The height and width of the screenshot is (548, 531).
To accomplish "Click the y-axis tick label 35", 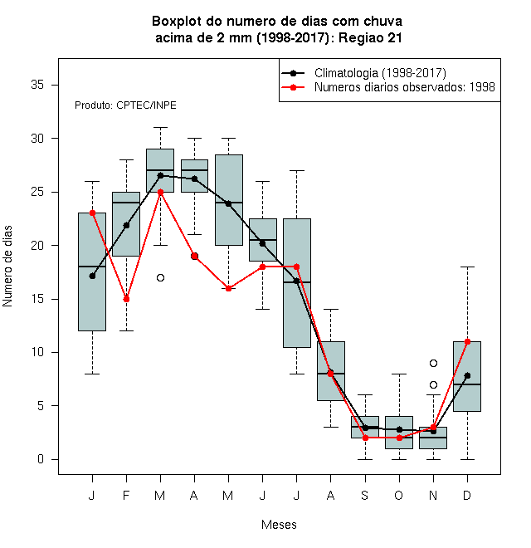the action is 37,85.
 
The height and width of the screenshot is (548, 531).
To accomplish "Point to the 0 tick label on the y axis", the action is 41,459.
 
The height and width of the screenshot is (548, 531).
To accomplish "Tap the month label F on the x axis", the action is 126,495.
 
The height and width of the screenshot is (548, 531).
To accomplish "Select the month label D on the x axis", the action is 467,495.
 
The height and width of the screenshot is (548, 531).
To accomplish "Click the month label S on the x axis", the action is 365,495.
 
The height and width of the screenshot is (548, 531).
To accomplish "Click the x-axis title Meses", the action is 279,525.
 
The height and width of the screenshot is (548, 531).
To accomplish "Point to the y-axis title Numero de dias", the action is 7,267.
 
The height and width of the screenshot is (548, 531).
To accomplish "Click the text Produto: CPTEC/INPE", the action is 125,105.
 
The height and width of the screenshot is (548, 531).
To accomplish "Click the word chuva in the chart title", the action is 382,22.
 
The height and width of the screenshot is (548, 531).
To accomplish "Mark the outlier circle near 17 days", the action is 160,278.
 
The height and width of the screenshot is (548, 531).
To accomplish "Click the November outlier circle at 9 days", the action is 433,363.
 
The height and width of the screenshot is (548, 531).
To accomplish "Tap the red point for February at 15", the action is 126,299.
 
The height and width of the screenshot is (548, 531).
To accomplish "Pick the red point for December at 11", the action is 467,341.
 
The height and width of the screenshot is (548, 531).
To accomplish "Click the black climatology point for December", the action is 467,375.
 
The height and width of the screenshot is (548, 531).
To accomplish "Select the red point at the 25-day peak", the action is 160,192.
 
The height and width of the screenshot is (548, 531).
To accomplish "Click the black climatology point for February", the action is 126,225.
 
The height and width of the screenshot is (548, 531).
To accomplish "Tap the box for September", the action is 365,427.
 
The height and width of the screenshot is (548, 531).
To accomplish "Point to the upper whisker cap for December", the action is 467,267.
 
